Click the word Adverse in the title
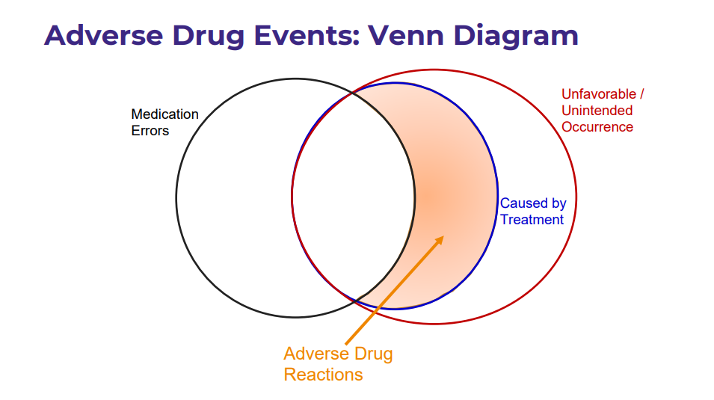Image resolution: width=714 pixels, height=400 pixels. click(x=104, y=35)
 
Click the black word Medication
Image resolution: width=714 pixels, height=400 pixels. click(x=164, y=114)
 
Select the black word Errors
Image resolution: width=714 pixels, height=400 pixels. click(x=150, y=131)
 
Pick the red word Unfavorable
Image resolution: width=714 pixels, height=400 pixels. click(x=599, y=94)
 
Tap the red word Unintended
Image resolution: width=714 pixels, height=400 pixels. click(x=597, y=110)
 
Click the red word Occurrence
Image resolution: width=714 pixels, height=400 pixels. click(x=597, y=126)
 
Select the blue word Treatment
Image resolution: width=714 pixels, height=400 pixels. click(x=532, y=220)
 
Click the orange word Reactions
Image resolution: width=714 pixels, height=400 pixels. click(x=323, y=375)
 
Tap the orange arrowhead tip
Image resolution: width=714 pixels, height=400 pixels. click(x=443, y=236)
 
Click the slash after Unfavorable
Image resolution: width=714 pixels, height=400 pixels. click(x=642, y=94)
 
